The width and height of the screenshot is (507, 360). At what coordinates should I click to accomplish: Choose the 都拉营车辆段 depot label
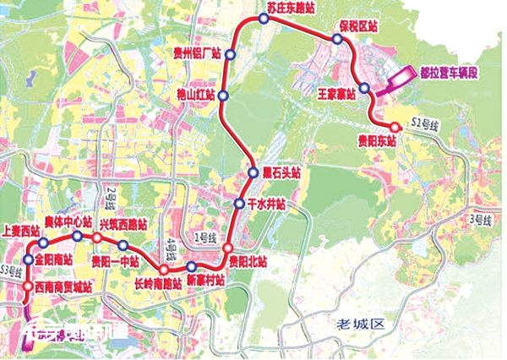click(449, 74)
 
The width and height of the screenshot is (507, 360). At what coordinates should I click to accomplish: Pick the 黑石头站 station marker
click(253, 173)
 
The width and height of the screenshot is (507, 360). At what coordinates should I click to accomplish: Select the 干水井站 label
click(269, 204)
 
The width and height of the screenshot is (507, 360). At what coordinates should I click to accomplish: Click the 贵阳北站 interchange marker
click(227, 248)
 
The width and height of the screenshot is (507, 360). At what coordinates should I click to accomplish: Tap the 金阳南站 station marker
click(28, 260)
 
